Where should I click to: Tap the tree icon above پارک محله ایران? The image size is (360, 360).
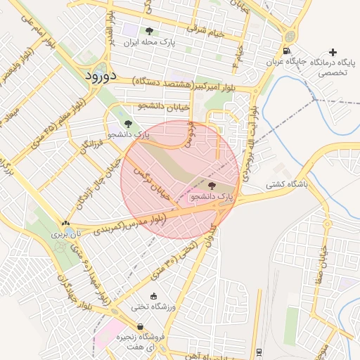click(x=148, y=31)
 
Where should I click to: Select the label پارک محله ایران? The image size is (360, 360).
click(x=148, y=43)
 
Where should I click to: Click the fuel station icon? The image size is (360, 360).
click(x=285, y=50)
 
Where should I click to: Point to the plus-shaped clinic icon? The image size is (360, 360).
click(x=333, y=52)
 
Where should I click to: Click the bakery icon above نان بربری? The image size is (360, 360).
click(x=65, y=222)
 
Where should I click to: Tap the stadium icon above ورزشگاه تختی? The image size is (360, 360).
click(x=154, y=296)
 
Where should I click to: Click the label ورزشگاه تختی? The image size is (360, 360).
click(x=154, y=307)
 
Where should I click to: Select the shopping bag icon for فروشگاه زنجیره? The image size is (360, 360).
click(x=140, y=326)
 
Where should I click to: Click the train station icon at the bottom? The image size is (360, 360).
click(x=259, y=352)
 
